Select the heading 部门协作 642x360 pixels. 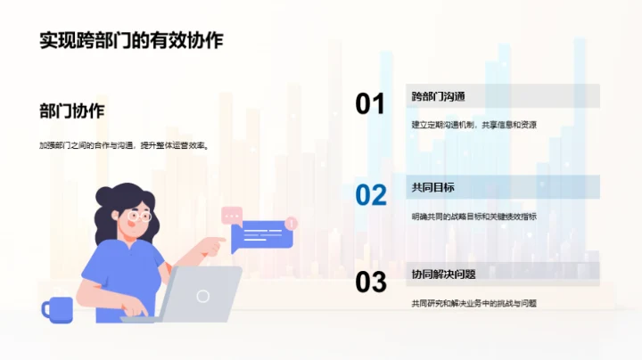coord(72,111)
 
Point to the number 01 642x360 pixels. coord(370,104)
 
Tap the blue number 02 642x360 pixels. coord(370,194)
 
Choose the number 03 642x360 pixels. coord(370,282)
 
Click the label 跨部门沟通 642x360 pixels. coord(439,96)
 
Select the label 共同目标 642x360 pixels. coord(433,187)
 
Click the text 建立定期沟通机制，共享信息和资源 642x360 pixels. coord(473,125)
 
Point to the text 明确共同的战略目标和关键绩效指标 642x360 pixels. coord(473,216)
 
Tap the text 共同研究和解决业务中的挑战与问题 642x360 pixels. coord(473,303)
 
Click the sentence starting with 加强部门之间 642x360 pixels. coord(123,146)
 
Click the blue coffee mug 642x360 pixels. coord(57,309)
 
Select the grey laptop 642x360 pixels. coord(201,295)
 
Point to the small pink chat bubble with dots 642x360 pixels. coord(232,215)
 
